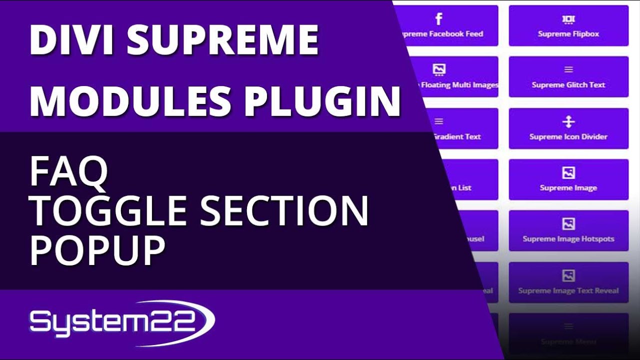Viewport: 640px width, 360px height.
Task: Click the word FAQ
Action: (68, 171)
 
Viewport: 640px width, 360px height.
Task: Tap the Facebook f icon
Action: (438, 19)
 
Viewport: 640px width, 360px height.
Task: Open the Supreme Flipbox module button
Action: (568, 26)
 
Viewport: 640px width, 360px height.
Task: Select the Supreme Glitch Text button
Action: (568, 77)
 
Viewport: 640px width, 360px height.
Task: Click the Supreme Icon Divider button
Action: (568, 128)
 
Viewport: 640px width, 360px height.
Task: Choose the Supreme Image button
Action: (568, 180)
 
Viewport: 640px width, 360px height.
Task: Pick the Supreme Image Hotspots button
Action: (568, 231)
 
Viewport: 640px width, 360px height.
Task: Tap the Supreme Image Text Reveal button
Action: (568, 282)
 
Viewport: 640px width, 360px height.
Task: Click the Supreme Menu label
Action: (568, 342)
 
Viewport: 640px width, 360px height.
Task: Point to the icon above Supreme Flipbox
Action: (568, 19)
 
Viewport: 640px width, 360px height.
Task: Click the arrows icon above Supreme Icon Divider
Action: (568, 122)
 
